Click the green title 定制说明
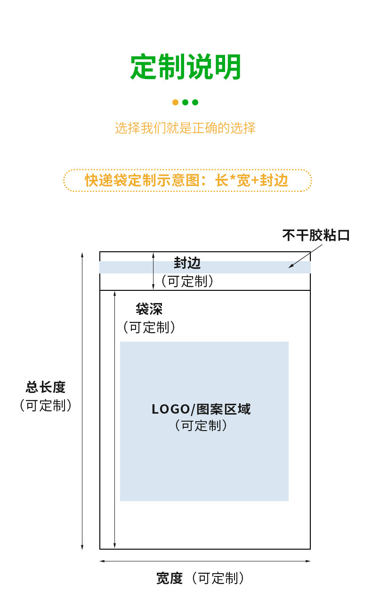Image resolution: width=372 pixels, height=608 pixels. click(186, 67)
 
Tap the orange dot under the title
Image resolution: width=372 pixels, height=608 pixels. click(175, 102)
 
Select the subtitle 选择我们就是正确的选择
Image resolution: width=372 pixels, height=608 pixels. click(186, 128)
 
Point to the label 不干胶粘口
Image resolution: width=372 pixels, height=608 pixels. click(316, 235)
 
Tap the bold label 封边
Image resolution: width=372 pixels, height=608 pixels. click(187, 263)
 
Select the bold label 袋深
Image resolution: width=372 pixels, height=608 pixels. click(149, 309)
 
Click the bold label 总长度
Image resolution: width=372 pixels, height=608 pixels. click(46, 387)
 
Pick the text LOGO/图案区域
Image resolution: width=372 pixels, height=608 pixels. click(201, 409)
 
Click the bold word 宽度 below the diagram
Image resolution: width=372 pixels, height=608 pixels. click(169, 578)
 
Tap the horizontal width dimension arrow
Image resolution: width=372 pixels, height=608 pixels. click(205, 561)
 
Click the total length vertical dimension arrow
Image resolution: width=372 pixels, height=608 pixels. click(82, 400)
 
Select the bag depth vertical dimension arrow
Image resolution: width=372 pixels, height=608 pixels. click(115, 419)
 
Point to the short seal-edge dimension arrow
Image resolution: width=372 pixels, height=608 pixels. click(153, 271)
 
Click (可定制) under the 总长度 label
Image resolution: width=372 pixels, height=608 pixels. click(46, 406)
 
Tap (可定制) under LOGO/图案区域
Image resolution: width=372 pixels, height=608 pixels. click(201, 425)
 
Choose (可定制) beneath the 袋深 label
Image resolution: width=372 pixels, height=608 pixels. click(149, 328)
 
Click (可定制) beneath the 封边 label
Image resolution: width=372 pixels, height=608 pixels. click(187, 281)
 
